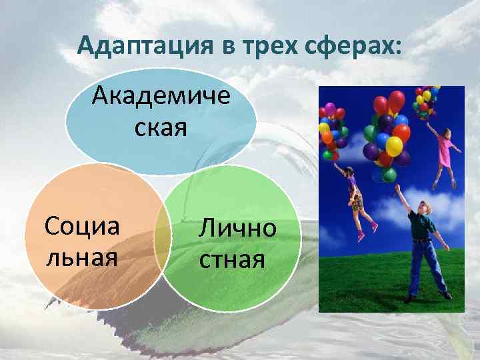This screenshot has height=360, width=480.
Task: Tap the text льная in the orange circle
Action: point(82,256)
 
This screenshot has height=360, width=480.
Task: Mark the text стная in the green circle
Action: point(233,259)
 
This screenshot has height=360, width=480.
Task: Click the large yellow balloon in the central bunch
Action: point(395,146)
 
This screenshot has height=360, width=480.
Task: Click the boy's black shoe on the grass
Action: point(446,295)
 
